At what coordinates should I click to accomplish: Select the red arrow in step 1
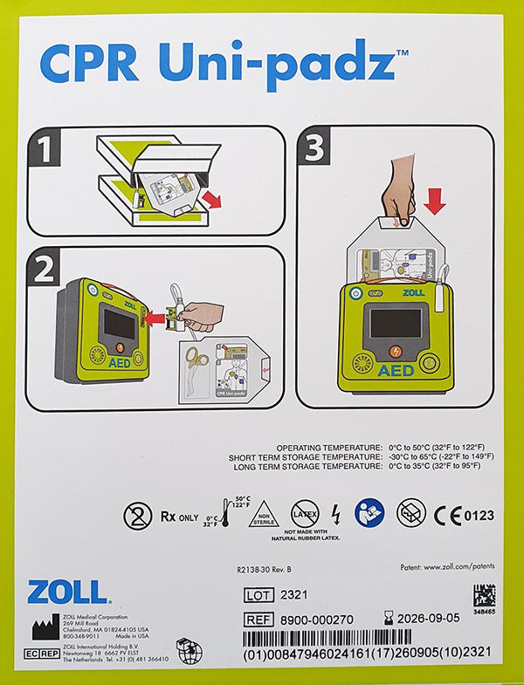pos(210,201)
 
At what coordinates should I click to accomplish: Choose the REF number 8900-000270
pos(317,619)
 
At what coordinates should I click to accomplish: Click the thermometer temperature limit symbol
pos(225,515)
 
